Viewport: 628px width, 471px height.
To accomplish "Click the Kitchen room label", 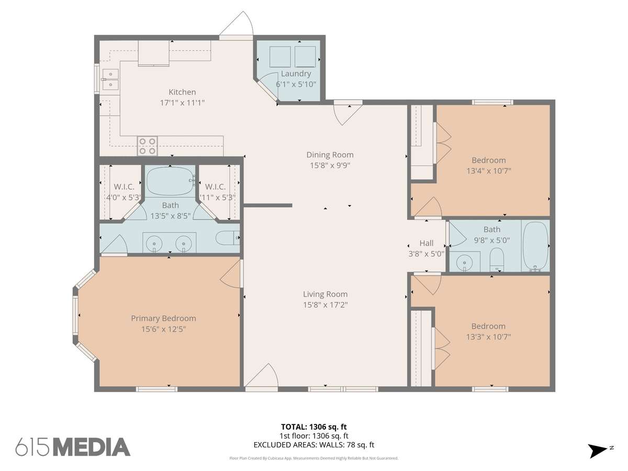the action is (182, 92).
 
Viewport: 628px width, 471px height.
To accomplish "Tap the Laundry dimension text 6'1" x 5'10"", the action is (296, 84).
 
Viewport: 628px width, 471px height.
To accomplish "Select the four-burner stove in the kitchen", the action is (147, 146).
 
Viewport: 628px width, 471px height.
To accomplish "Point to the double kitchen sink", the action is (110, 79).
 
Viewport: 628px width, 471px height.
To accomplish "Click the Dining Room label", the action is (330, 155).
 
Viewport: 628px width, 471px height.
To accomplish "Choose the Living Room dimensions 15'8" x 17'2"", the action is (326, 305).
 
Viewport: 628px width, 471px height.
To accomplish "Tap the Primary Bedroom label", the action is (163, 318).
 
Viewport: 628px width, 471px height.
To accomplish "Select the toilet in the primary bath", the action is (228, 238).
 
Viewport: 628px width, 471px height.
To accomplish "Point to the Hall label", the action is (427, 243).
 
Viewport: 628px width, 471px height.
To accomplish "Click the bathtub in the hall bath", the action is (535, 246).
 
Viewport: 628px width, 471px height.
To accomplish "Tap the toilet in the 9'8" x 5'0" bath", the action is (497, 260).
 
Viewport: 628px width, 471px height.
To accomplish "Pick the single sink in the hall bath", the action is (464, 262).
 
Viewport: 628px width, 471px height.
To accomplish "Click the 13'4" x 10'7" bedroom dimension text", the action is (489, 171).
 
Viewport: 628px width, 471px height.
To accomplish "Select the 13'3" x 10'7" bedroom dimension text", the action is (488, 337).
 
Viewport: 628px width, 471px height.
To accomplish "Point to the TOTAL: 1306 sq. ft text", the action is (314, 427).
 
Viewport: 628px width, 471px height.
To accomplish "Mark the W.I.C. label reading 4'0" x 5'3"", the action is (124, 192).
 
